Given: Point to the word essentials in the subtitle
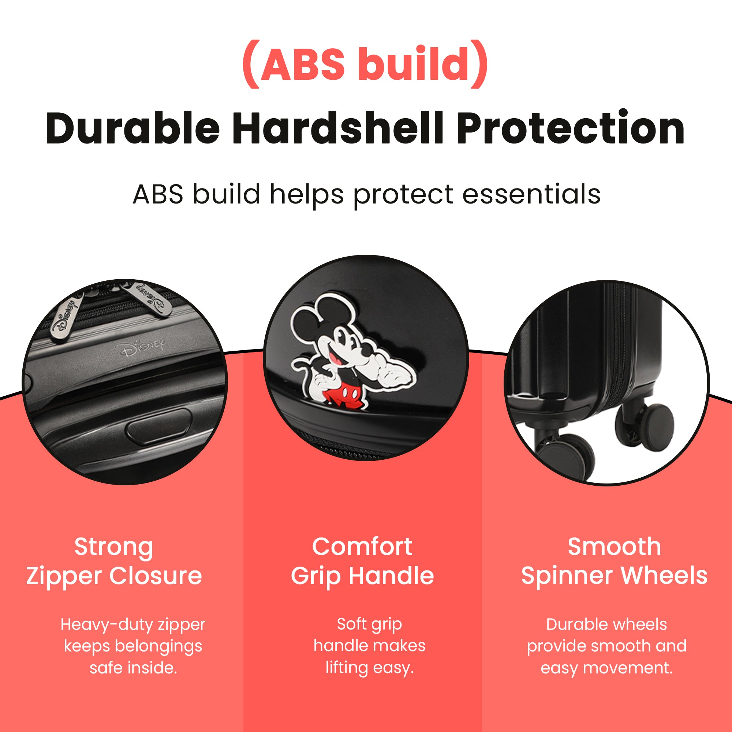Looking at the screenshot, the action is [531, 194].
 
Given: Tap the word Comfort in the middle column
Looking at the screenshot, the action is [362, 547].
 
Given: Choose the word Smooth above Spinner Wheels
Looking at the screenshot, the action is [614, 547].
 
